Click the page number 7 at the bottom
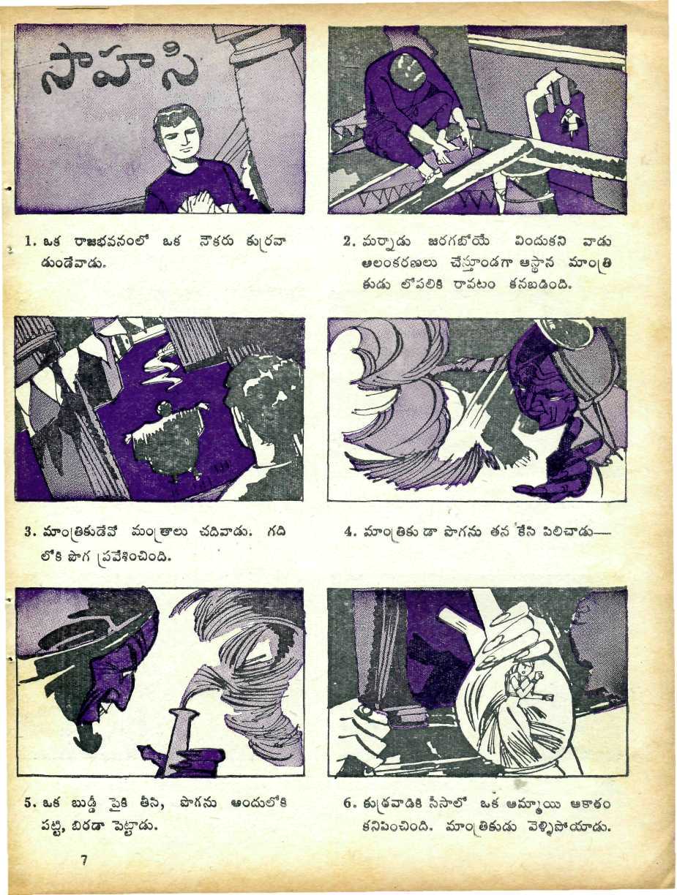84,860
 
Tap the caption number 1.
29,242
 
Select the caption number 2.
347,242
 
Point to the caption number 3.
29,532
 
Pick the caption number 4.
348,532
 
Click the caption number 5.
29,804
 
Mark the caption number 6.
348,804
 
